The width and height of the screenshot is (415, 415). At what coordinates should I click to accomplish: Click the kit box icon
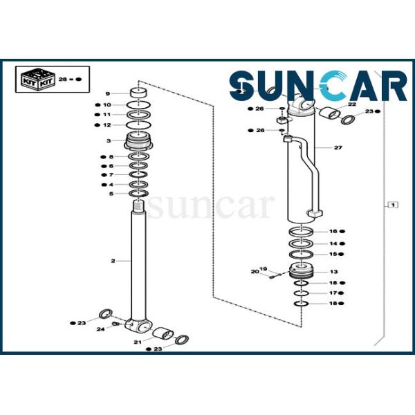[x=37, y=78]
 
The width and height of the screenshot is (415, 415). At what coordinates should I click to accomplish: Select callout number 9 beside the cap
[x=107, y=93]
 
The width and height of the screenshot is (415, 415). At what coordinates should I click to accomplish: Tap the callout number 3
[x=107, y=141]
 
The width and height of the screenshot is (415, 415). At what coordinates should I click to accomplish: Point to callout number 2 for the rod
[x=112, y=261]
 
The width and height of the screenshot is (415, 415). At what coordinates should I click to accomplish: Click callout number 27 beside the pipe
[x=338, y=148]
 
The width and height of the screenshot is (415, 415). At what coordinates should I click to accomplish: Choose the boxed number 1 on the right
[x=392, y=205]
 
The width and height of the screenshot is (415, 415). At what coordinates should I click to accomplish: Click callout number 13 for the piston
[x=333, y=272]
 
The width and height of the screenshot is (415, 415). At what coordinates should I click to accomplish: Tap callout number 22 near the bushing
[x=351, y=104]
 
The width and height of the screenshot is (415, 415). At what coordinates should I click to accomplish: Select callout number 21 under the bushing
[x=138, y=342]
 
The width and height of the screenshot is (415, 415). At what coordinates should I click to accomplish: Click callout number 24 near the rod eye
[x=101, y=329]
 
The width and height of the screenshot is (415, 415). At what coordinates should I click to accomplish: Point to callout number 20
[x=254, y=272]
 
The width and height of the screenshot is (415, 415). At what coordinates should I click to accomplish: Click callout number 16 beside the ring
[x=333, y=231]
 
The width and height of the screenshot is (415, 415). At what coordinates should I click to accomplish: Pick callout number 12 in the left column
[x=107, y=125]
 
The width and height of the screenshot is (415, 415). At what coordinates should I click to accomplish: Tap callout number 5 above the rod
[x=111, y=194]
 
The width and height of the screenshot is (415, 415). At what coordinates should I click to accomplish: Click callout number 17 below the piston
[x=333, y=293]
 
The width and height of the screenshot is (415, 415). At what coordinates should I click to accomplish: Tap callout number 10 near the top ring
[x=107, y=105]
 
